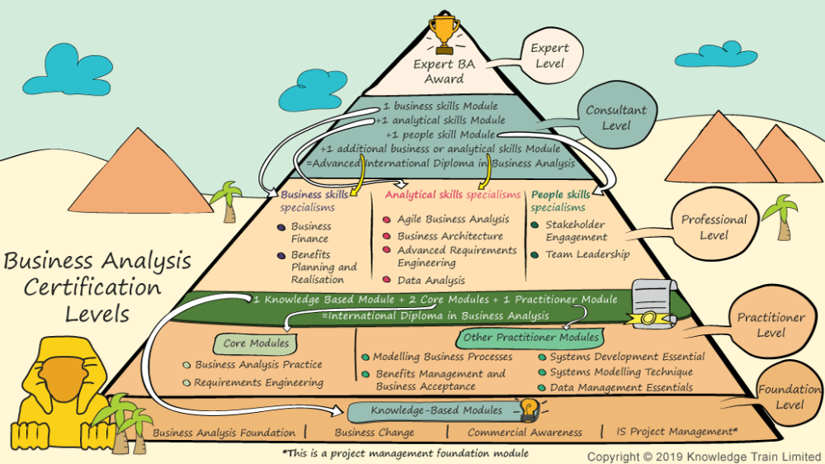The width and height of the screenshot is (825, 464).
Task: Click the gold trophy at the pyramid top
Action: (x=445, y=32)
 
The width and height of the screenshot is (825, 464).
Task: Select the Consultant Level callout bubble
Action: (x=615, y=118)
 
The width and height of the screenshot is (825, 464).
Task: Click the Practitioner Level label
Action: (x=771, y=324)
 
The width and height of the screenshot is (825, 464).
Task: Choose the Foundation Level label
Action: (x=790, y=397)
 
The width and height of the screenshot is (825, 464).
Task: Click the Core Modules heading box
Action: (x=256, y=343)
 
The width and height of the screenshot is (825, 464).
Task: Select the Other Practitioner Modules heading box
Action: (x=530, y=337)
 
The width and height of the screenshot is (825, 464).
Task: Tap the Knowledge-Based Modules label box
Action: (x=436, y=410)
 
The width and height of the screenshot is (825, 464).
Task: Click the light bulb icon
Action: (x=527, y=407)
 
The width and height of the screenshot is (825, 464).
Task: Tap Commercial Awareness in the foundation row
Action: (x=525, y=432)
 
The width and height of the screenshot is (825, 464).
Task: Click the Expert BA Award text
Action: (x=445, y=72)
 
